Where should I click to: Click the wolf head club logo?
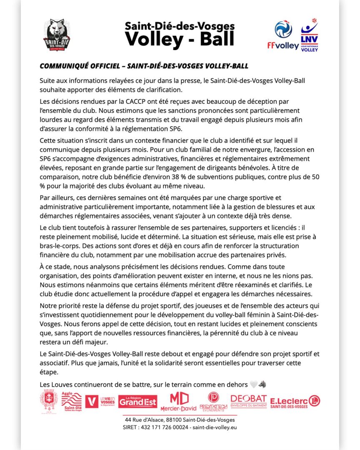point(57,35)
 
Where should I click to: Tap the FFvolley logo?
point(283,36)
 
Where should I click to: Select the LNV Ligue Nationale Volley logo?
point(309,35)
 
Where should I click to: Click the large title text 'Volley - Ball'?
point(180,39)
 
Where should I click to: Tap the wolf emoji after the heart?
point(262,384)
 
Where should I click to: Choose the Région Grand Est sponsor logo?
point(137,401)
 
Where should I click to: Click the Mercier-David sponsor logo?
point(178,402)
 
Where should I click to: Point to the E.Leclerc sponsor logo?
point(295,402)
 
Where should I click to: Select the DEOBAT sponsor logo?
point(248,401)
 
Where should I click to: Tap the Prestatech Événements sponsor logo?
point(213,402)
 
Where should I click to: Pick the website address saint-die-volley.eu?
point(215,427)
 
